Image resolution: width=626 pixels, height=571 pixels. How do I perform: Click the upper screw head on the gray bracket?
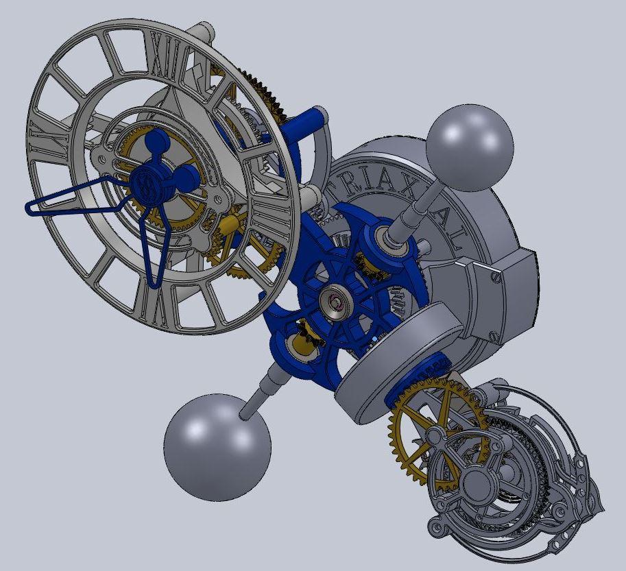tap(495, 277)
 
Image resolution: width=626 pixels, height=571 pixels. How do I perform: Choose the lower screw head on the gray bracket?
tap(495, 336)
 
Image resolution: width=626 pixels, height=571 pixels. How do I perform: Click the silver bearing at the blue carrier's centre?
tap(337, 300)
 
